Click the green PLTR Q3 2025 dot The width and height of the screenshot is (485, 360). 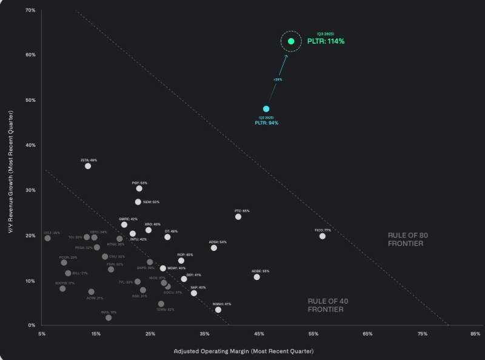pyautogui.click(x=291, y=41)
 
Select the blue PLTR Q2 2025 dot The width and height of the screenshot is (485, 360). pyautogui.click(x=266, y=109)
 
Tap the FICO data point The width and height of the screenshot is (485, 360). pyautogui.click(x=323, y=236)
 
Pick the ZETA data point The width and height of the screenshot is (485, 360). pyautogui.click(x=88, y=166)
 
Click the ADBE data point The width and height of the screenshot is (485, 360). pyautogui.click(x=257, y=277)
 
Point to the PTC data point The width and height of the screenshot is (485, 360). pyautogui.click(x=238, y=216)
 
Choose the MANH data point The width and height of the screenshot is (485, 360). pyautogui.click(x=218, y=310)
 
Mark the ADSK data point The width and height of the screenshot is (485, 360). pyautogui.click(x=214, y=248)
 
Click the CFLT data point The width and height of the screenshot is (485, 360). pyautogui.click(x=47, y=238)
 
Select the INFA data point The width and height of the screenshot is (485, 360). pyautogui.click(x=109, y=318)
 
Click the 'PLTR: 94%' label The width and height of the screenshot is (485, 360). pyautogui.click(x=267, y=123)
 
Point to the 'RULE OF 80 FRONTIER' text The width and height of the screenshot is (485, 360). pyautogui.click(x=405, y=239)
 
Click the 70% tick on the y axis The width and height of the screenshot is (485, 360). pyautogui.click(x=30, y=11)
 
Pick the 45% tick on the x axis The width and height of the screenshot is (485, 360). pyautogui.click(x=259, y=334)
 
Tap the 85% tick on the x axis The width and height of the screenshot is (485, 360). pyautogui.click(x=475, y=334)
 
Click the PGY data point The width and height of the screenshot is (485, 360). pyautogui.click(x=139, y=188)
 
